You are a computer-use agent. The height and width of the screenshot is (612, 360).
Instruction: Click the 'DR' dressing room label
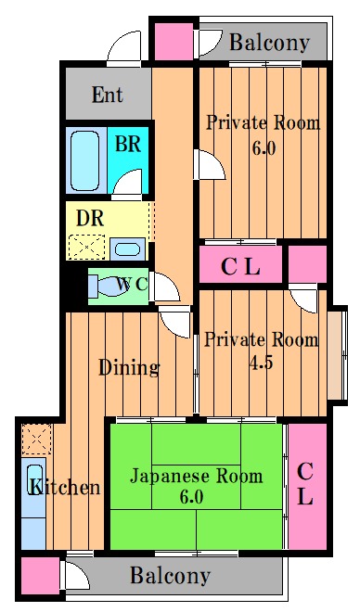90,220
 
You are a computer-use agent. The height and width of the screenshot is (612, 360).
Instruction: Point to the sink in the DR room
125,248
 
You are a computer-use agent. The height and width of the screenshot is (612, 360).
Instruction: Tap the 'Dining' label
129,367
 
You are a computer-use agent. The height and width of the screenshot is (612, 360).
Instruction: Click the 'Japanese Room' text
195,477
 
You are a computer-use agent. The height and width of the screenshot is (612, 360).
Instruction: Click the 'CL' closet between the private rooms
240,266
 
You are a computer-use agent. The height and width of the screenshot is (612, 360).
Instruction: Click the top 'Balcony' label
269,42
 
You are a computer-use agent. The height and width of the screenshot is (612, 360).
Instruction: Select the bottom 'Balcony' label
170,576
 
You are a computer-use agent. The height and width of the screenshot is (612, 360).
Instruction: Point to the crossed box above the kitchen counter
34,436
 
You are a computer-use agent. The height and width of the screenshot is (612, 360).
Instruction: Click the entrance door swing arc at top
122,48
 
